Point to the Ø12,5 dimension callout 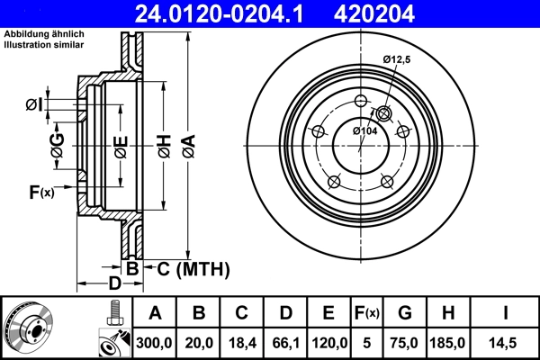click(x=396, y=59)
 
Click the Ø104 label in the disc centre click(x=364, y=131)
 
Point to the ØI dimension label click(x=33, y=105)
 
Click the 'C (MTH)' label click(x=193, y=268)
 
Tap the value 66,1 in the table click(x=285, y=341)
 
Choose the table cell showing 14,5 click(x=507, y=341)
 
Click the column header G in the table click(x=406, y=313)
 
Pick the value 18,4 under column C click(x=241, y=341)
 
